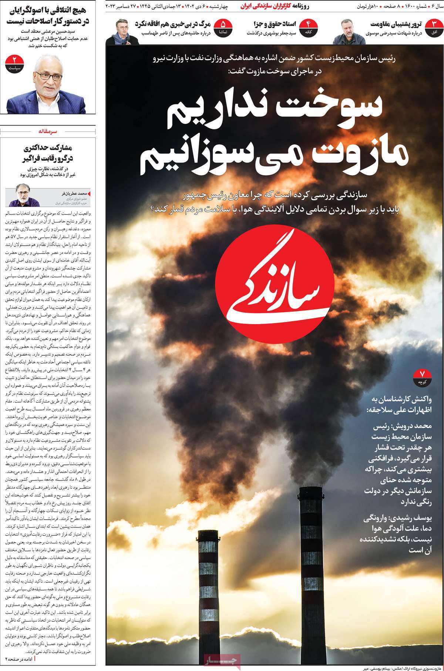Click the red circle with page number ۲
click(16, 63)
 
